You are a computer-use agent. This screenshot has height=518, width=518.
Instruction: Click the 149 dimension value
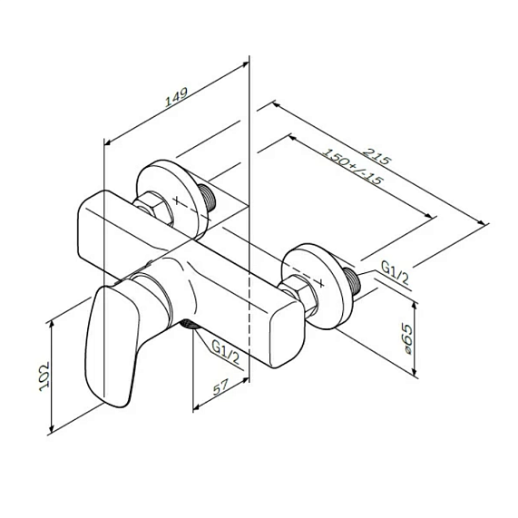click(x=177, y=97)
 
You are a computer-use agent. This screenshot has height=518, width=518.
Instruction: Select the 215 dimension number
click(x=376, y=156)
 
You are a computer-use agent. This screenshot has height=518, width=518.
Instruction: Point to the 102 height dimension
click(x=44, y=376)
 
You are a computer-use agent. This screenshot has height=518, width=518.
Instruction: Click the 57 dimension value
click(x=221, y=386)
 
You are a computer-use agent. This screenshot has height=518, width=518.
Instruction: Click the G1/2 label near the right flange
click(x=395, y=273)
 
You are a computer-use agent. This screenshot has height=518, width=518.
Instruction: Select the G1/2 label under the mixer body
click(x=225, y=353)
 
